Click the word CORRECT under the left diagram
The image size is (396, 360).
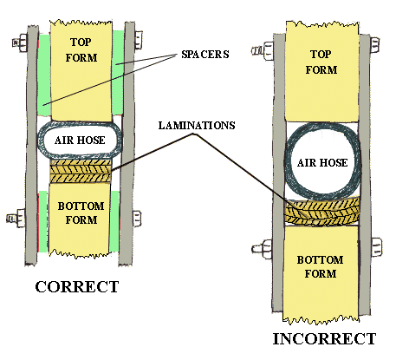[x=77, y=287]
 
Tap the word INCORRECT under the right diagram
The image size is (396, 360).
[x=324, y=339]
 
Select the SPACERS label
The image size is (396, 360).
[x=205, y=55]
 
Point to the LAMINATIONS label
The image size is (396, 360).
[x=197, y=126]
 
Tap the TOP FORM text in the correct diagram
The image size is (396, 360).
[x=81, y=49]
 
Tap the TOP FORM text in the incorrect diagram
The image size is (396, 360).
[x=321, y=62]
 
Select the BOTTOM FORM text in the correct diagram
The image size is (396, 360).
[x=81, y=213]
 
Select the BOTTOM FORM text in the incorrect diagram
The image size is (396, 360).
[x=321, y=266]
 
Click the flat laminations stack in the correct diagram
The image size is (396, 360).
[x=81, y=171]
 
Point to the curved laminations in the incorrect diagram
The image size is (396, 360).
[x=321, y=212]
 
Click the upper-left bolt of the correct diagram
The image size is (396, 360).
[x=20, y=43]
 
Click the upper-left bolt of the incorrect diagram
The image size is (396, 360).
[x=263, y=50]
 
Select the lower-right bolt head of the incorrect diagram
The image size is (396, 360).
[x=376, y=246]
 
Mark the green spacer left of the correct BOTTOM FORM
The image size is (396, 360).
[x=43, y=221]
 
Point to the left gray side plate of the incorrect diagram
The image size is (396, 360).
[x=279, y=173]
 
